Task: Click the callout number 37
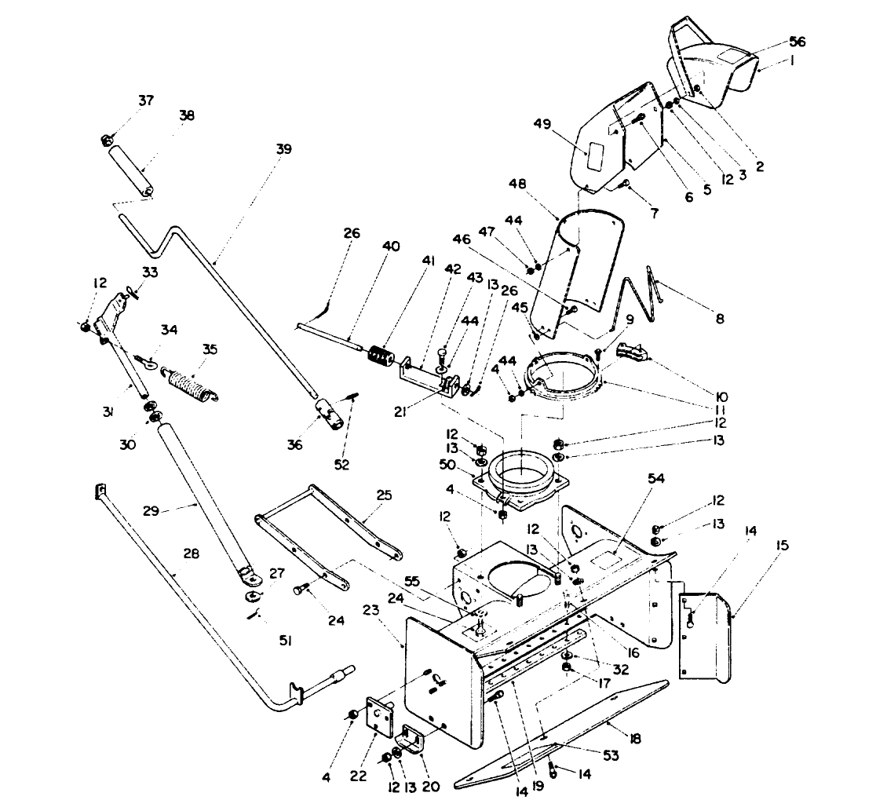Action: [146, 100]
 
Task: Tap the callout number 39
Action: [283, 149]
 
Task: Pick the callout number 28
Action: [191, 554]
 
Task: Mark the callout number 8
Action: [719, 319]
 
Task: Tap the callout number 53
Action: [611, 755]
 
